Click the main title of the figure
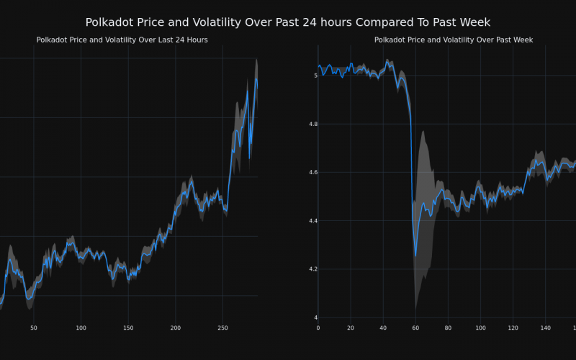tap(288, 22)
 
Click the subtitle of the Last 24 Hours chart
tap(122, 40)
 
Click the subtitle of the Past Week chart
tap(454, 40)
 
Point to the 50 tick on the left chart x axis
tap(34, 328)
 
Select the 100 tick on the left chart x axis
tap(81, 328)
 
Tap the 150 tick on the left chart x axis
tap(128, 328)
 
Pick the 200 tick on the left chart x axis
tap(176, 328)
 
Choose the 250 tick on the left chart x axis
tap(222, 328)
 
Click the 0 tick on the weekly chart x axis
tap(318, 328)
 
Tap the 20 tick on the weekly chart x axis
tap(351, 328)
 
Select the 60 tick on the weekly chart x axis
tap(415, 328)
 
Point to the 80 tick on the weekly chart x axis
tap(448, 328)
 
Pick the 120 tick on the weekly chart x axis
tap(513, 328)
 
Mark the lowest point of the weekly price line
tap(415, 256)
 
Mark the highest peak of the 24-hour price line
tap(256, 79)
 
